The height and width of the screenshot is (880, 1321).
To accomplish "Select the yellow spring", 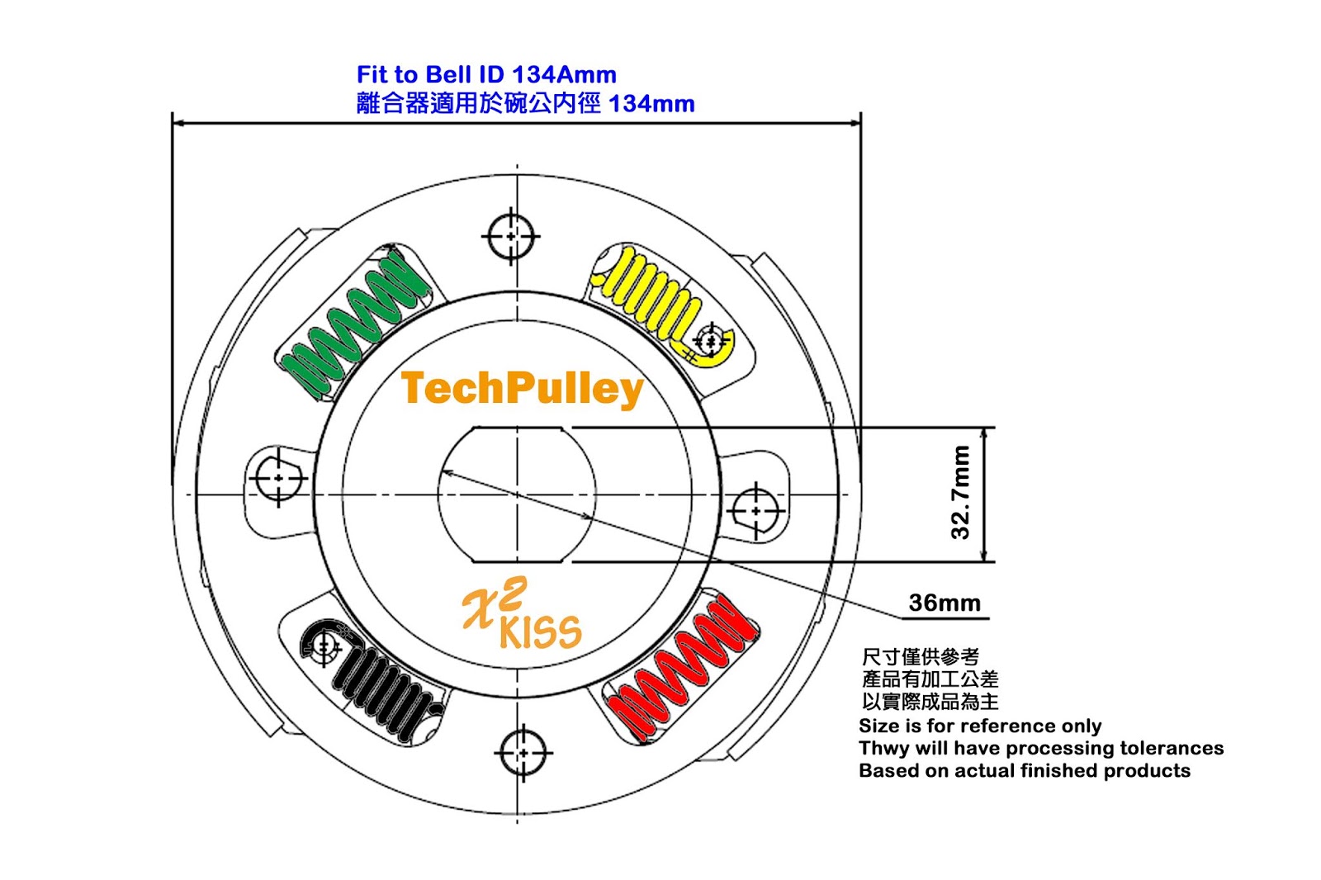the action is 666,305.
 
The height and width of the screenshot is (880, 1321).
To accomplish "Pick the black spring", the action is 372,679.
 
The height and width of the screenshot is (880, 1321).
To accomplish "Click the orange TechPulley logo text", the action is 522,390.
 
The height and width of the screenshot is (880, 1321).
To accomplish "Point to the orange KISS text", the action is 540,632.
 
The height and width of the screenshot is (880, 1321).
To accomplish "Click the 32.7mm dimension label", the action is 961,493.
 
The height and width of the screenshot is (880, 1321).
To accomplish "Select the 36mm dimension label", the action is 945,603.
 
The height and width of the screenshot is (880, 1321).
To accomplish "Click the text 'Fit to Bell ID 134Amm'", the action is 486,75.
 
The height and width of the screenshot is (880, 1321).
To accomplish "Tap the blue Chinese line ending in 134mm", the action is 525,104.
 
